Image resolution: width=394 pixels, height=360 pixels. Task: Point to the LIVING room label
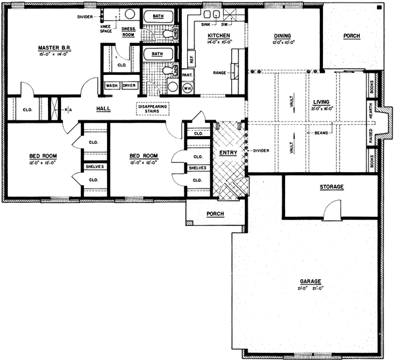321,102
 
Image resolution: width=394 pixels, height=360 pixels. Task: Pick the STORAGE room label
332,187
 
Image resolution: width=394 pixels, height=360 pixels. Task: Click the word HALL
104,108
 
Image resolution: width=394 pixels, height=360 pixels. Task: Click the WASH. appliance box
111,85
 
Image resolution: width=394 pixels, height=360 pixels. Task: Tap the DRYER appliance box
129,85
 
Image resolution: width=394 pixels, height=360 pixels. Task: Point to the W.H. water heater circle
187,87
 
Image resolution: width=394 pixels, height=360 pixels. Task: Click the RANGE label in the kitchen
219,72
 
